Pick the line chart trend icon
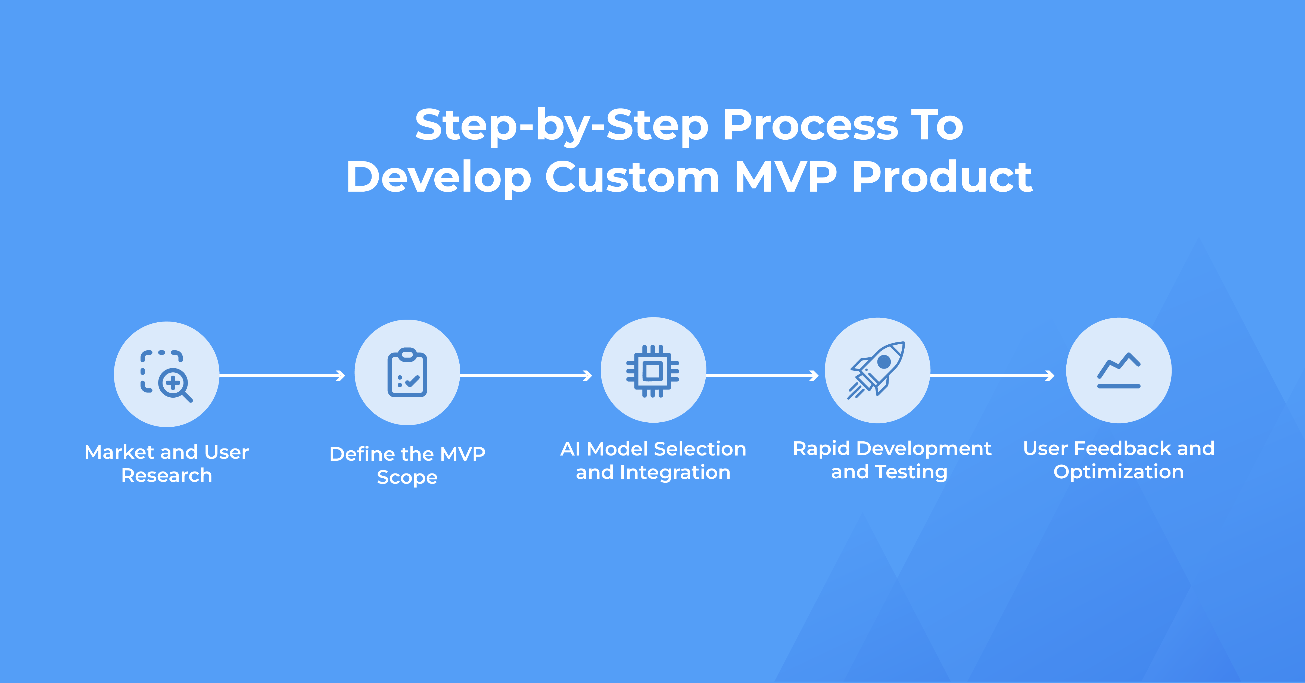pos(1119,371)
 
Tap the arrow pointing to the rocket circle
pos(762,375)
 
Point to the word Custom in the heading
pos(632,177)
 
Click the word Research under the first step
pos(167,475)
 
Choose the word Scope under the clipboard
pos(407,477)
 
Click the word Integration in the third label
pos(675,472)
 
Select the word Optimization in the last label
pos(1119,472)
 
